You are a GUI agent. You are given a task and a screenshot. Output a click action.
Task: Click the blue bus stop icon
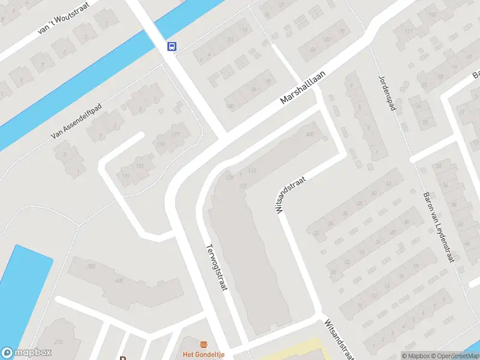pyautogui.click(x=172, y=46)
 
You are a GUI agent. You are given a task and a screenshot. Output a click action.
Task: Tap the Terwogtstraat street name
pyautogui.click(x=217, y=267)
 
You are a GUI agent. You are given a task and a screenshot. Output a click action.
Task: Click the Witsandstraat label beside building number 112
pyautogui.click(x=290, y=195)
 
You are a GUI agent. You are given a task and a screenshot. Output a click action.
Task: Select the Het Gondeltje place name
pyautogui.click(x=204, y=355)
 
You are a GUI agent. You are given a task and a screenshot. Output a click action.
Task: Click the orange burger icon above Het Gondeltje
pyautogui.click(x=204, y=345)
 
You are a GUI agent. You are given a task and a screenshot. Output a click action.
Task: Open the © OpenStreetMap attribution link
pyautogui.click(x=454, y=356)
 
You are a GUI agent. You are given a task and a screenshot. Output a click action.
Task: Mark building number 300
pyautogui.click(x=91, y=266)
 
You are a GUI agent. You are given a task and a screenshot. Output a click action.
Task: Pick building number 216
pyautogui.click(x=58, y=341)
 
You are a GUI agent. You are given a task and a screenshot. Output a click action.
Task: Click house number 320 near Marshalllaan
pyautogui.click(x=310, y=134)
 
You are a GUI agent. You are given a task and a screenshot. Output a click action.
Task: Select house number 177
pyautogui.click(x=175, y=134)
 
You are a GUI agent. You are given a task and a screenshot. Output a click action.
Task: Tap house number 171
pyautogui.click(x=125, y=176)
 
